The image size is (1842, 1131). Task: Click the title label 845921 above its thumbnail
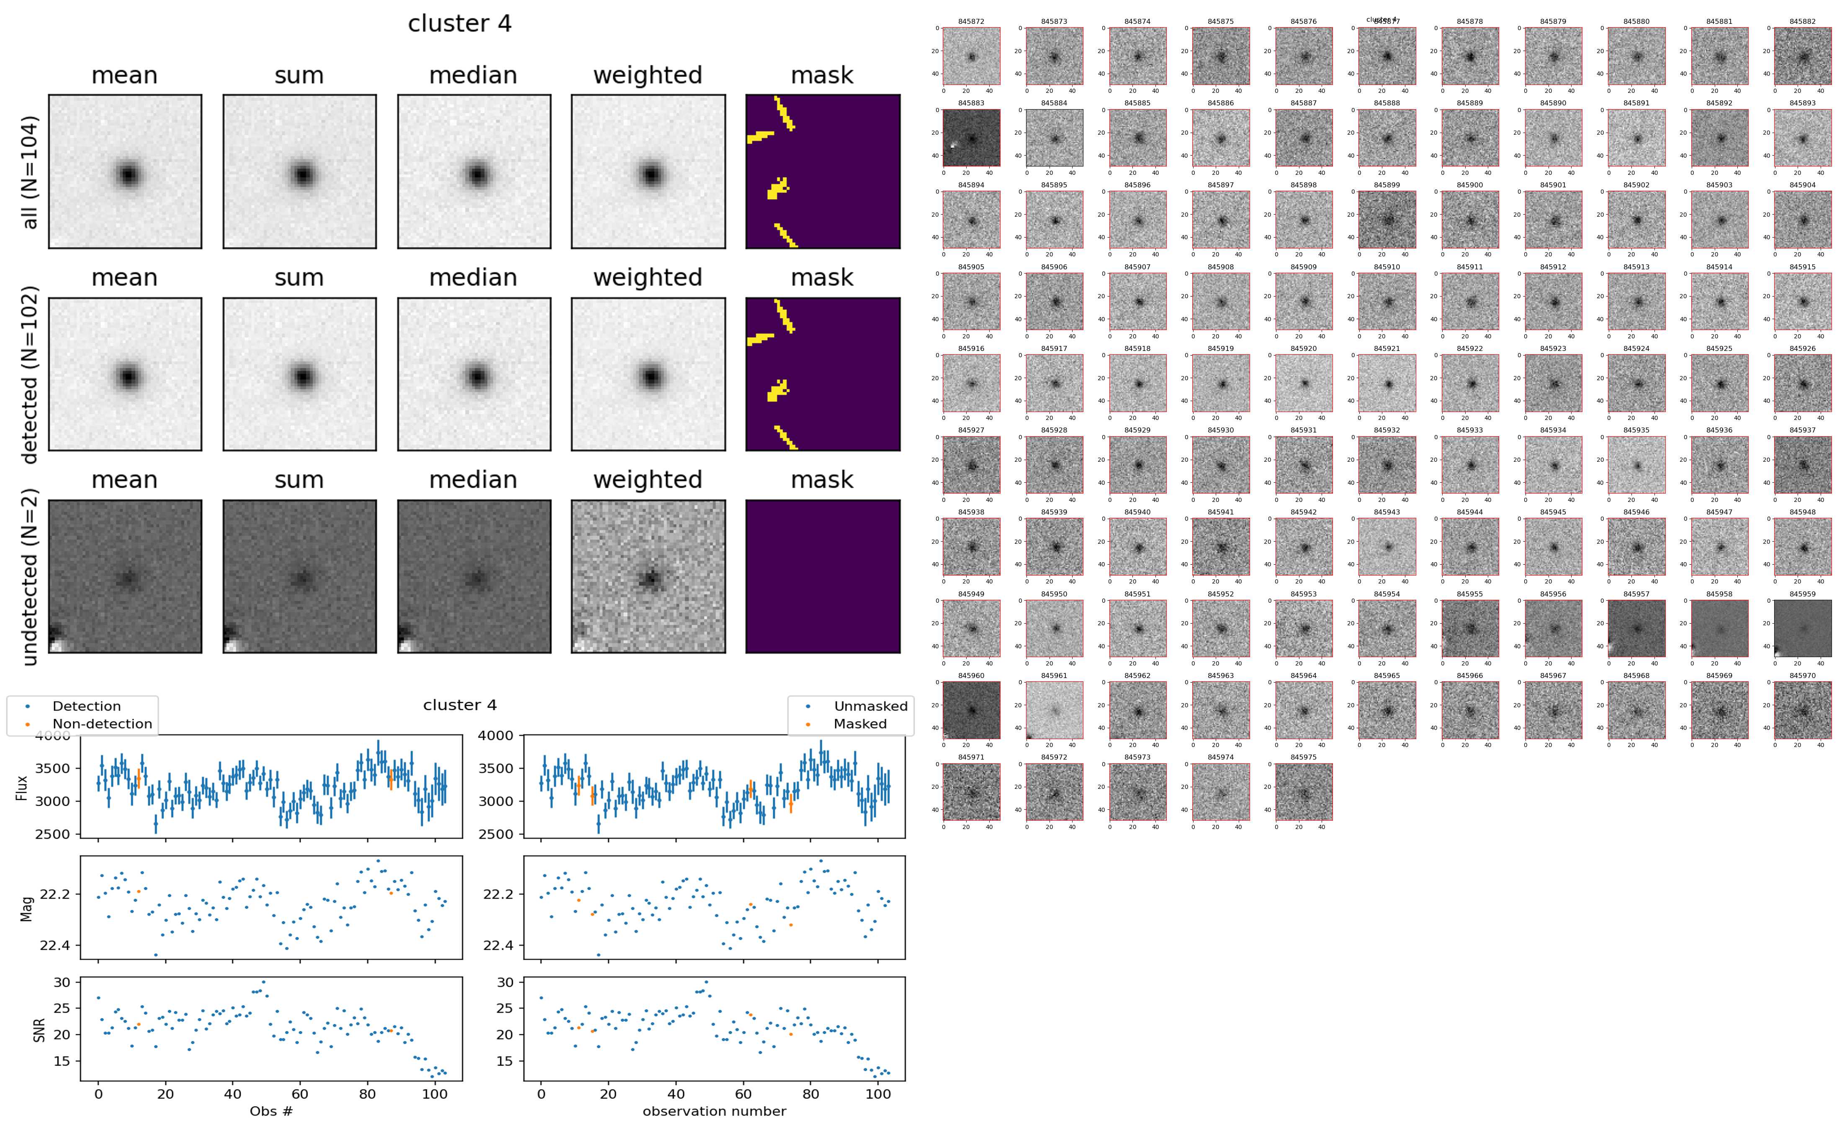[1386, 348]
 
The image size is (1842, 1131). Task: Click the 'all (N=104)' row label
[30, 172]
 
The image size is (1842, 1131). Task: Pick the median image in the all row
[474, 171]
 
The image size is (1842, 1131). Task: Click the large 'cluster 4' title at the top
[460, 24]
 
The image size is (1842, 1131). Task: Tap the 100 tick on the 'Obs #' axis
[435, 1094]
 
